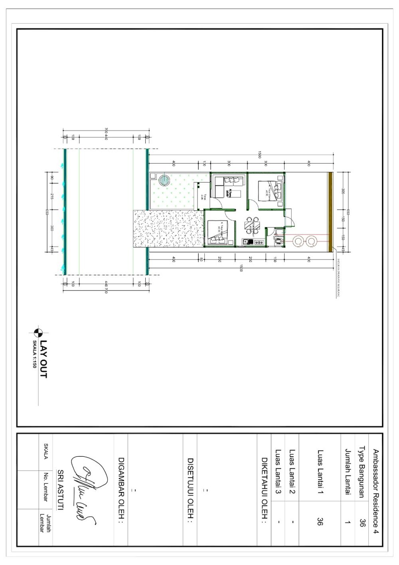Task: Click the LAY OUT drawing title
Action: point(44,359)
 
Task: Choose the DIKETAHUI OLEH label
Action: point(264,490)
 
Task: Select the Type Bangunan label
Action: point(362,472)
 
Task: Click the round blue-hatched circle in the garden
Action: point(163,180)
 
